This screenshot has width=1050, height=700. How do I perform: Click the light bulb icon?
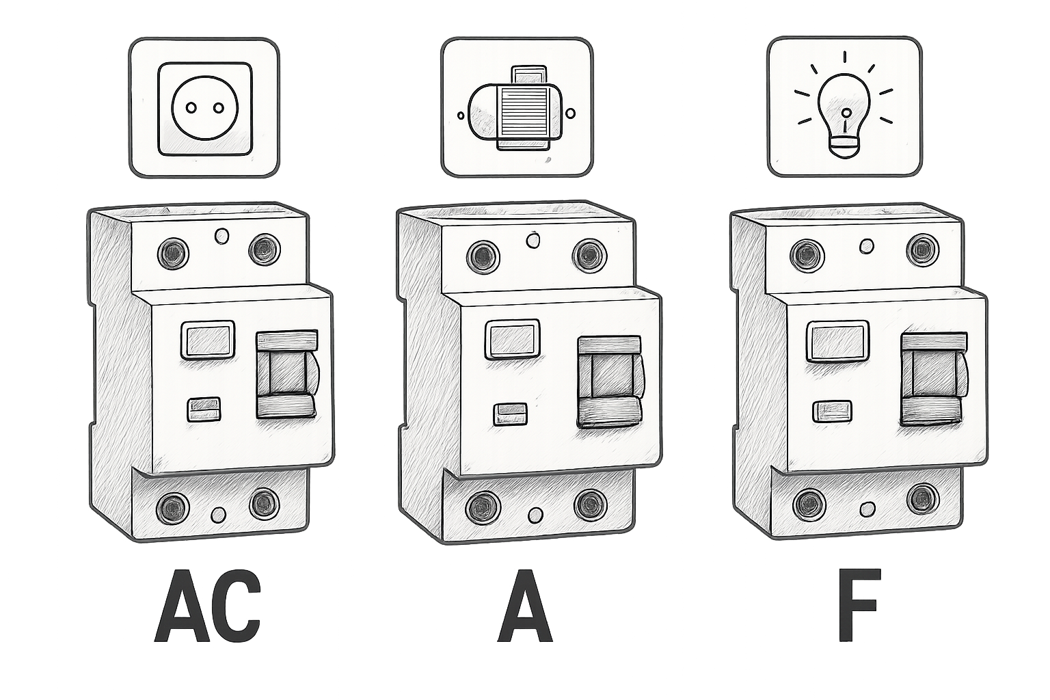click(844, 108)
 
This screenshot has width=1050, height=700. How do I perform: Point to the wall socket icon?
click(205, 109)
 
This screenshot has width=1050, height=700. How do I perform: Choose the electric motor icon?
click(515, 108)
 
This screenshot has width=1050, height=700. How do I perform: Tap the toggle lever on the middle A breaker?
click(609, 381)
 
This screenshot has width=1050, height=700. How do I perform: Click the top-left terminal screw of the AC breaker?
click(174, 253)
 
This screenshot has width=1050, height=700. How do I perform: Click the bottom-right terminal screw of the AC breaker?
click(265, 504)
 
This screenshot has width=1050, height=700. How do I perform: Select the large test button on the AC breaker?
click(208, 340)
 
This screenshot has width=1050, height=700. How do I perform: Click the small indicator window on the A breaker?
click(511, 414)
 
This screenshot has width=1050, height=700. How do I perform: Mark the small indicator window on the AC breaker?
click(204, 409)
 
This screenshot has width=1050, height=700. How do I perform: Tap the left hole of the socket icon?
click(191, 108)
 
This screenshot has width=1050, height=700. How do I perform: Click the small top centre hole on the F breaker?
click(867, 245)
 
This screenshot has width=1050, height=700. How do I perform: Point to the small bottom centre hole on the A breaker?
click(535, 515)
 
